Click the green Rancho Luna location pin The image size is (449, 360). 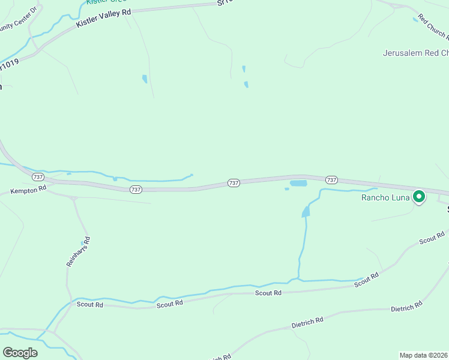419,196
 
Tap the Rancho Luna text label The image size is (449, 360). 385,197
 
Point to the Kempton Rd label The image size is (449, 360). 28,190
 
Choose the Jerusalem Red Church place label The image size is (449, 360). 415,53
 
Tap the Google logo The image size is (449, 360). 20,353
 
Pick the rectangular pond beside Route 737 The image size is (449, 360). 298,183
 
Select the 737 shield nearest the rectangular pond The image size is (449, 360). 331,179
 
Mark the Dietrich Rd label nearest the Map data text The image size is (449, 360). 406,307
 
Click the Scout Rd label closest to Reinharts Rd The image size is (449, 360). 90,304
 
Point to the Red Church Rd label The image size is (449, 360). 433,25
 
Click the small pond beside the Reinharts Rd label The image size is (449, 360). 82,244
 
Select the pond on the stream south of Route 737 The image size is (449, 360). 306,211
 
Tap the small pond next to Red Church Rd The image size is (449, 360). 415,19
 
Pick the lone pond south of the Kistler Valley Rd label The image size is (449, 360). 145,79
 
